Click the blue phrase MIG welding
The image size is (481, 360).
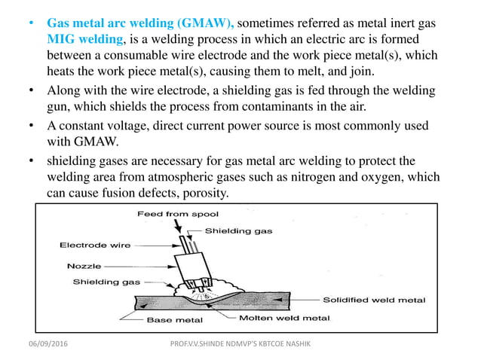83,39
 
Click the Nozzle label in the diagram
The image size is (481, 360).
84,266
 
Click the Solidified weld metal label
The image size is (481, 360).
374,300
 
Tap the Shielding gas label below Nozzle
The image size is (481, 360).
106,282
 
